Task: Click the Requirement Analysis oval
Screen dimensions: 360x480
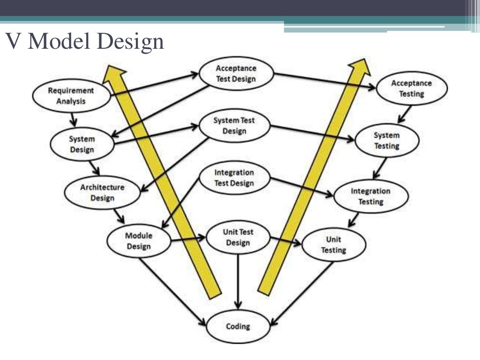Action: coord(71,96)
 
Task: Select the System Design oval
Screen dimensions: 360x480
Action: coord(82,144)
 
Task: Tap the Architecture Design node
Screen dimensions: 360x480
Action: coord(102,193)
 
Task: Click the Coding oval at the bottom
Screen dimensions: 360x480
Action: coord(238,326)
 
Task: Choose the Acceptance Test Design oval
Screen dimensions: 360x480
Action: coord(236,74)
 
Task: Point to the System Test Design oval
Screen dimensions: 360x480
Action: coord(234,126)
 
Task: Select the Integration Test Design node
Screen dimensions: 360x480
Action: coord(234,178)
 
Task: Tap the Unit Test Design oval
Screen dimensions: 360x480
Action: coord(238,237)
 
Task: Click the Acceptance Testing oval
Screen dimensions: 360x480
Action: coord(412,89)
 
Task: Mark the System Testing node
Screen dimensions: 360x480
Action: coord(387,141)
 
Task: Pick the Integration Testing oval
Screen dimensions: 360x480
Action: coord(370,196)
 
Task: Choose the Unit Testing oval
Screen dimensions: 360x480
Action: coord(333,245)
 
